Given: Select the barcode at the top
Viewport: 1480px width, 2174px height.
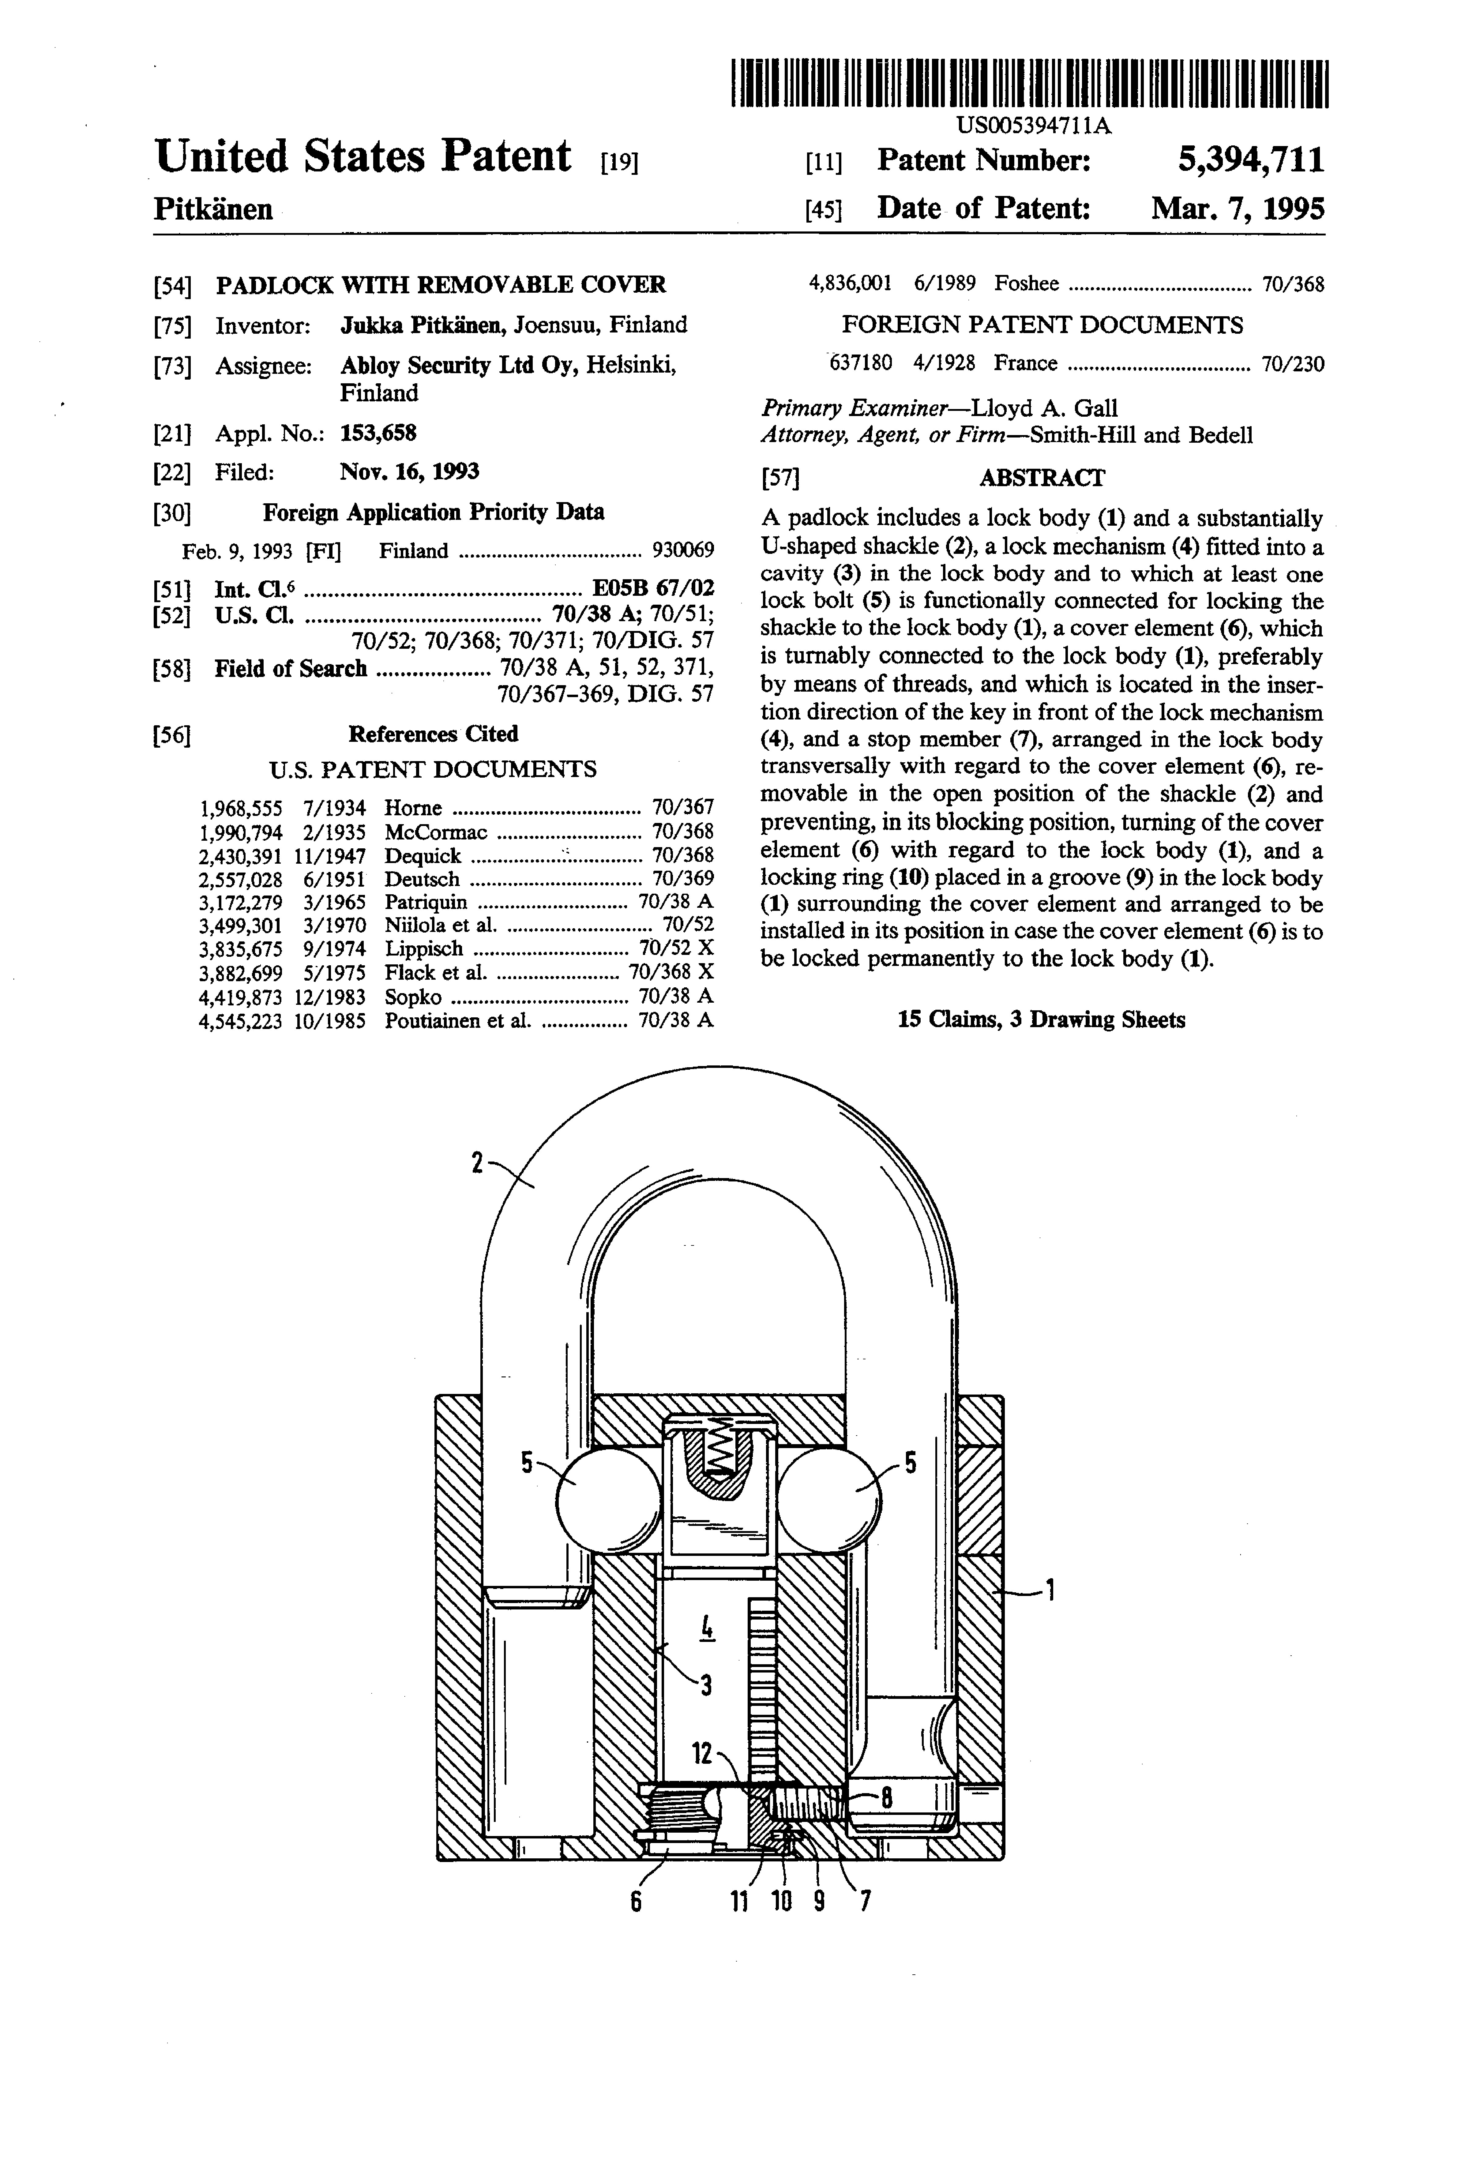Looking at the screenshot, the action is tap(1029, 83).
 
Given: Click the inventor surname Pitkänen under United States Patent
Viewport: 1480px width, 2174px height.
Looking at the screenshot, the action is tap(213, 208).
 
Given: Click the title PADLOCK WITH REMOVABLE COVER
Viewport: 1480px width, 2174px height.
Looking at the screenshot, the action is tap(441, 284).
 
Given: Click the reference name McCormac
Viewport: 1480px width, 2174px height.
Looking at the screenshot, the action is tap(436, 832).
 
